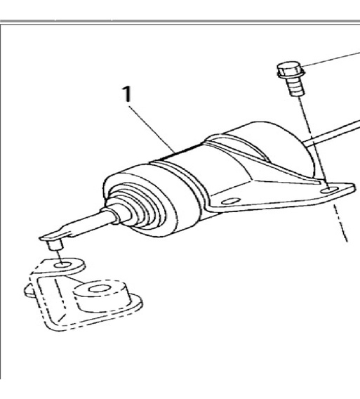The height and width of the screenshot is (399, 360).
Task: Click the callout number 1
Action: click(127, 94)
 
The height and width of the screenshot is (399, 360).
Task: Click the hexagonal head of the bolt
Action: click(291, 70)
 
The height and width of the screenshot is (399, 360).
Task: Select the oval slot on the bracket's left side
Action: click(231, 202)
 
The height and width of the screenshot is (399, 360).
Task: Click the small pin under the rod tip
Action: click(55, 244)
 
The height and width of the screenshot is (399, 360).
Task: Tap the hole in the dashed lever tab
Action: click(62, 266)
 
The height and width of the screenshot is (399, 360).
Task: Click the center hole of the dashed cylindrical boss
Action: click(100, 289)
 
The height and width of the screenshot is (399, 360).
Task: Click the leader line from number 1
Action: click(152, 129)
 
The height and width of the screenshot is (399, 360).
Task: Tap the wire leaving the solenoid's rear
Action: click(331, 133)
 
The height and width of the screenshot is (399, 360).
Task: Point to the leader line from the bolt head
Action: click(333, 59)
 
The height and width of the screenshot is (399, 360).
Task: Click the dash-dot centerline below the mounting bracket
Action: click(340, 223)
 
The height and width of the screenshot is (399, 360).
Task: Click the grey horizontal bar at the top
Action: click(180, 22)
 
